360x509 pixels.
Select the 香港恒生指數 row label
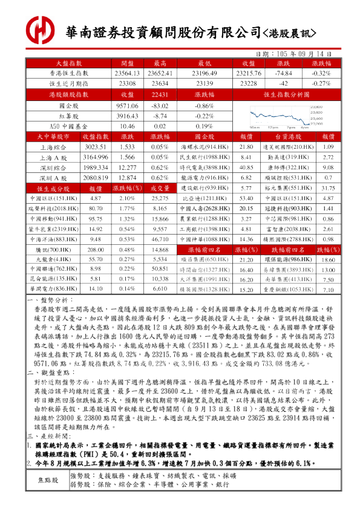68,73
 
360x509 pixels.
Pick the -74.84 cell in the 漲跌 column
283,73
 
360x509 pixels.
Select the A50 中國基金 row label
68,126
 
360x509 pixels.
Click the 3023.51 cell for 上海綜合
94,147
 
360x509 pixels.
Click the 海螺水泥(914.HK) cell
204,147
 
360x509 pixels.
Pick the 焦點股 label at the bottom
48,497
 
